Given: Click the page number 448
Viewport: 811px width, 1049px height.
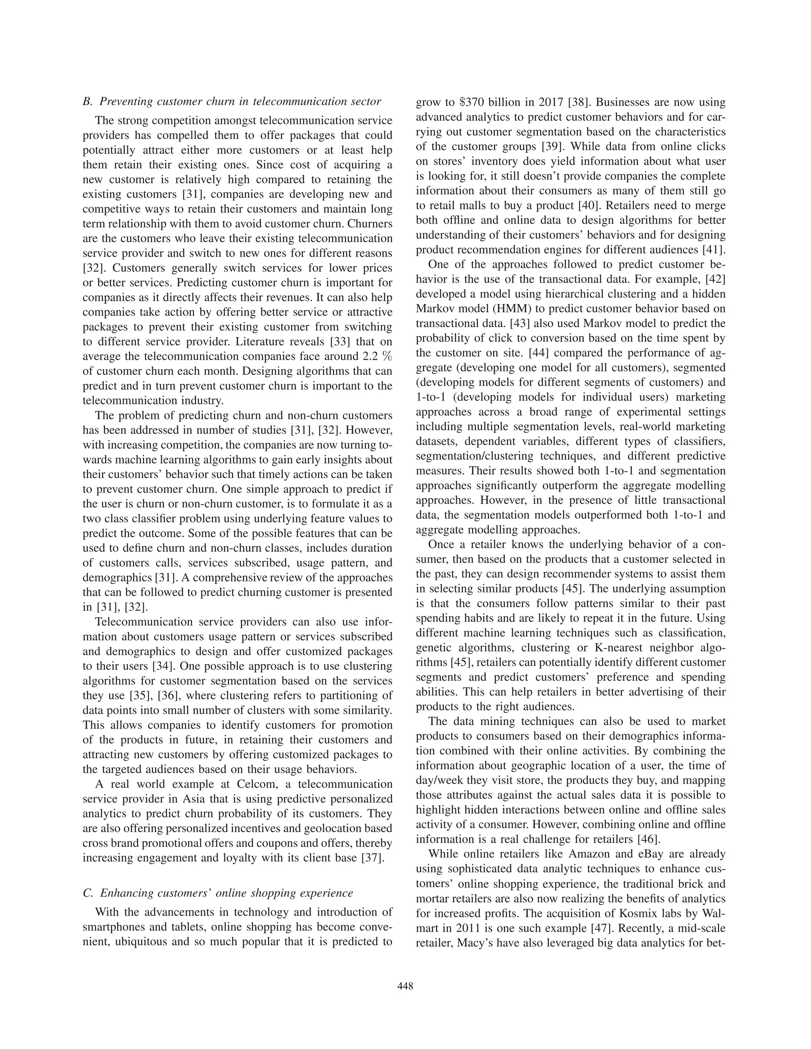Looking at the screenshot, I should [405, 986].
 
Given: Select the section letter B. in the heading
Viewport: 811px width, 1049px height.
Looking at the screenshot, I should [88, 102].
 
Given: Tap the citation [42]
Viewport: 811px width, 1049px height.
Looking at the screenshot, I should [713, 279].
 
